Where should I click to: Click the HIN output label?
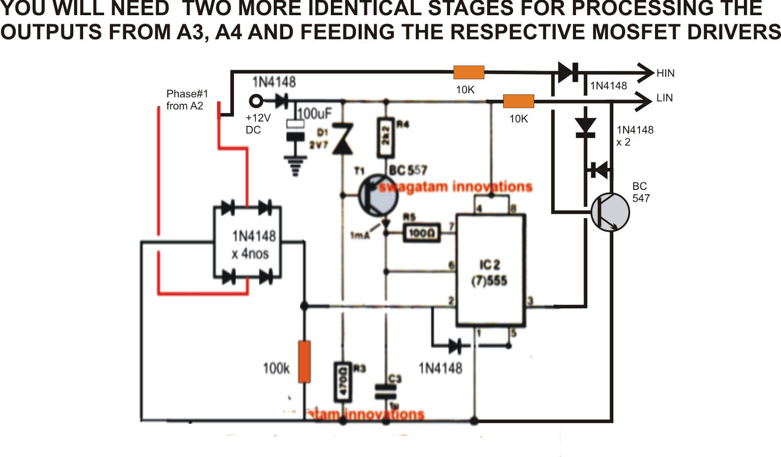[x=665, y=73]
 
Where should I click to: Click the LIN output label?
[x=664, y=98]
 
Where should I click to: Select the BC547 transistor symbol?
[x=610, y=212]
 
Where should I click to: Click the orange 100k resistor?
[x=304, y=362]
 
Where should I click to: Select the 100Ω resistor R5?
[x=421, y=233]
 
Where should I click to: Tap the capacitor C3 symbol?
[x=386, y=391]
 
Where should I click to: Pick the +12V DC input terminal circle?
[x=256, y=102]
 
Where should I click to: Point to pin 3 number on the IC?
[x=530, y=301]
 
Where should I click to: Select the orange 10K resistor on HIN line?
[x=469, y=73]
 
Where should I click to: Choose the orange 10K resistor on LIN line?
[x=518, y=102]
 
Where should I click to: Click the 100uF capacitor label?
[x=315, y=114]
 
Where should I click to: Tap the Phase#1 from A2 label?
[x=186, y=100]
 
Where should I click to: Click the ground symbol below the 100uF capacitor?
[x=295, y=166]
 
